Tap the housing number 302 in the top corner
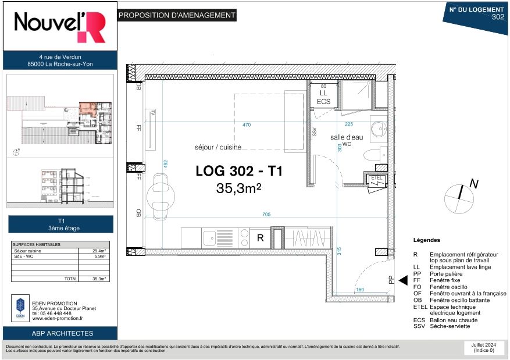[x=497, y=17]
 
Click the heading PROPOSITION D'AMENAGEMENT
[x=177, y=16]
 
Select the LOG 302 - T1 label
[x=239, y=172]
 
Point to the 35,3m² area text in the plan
[x=238, y=188]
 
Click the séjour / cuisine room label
[x=218, y=148]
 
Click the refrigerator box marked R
[x=261, y=237]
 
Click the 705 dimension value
[x=266, y=215]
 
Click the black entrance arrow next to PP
[x=402, y=280]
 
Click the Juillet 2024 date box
[x=483, y=347]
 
